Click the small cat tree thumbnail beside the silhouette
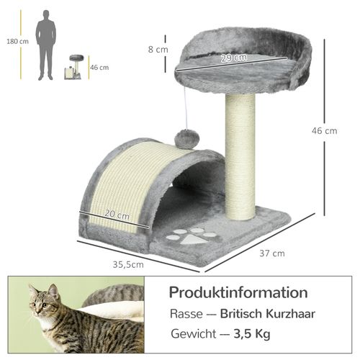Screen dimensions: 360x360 click(x=74, y=68)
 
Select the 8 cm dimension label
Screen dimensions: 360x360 click(x=158, y=50)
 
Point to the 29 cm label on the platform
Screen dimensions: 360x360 click(x=233, y=58)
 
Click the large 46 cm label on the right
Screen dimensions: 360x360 click(x=325, y=130)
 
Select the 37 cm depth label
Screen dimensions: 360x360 click(x=272, y=253)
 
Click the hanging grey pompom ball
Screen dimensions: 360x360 click(x=186, y=138)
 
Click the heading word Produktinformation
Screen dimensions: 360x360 click(x=238, y=292)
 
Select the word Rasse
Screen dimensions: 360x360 click(x=186, y=315)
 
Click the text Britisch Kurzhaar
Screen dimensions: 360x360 click(x=268, y=315)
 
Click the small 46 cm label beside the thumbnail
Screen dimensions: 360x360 click(x=99, y=68)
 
